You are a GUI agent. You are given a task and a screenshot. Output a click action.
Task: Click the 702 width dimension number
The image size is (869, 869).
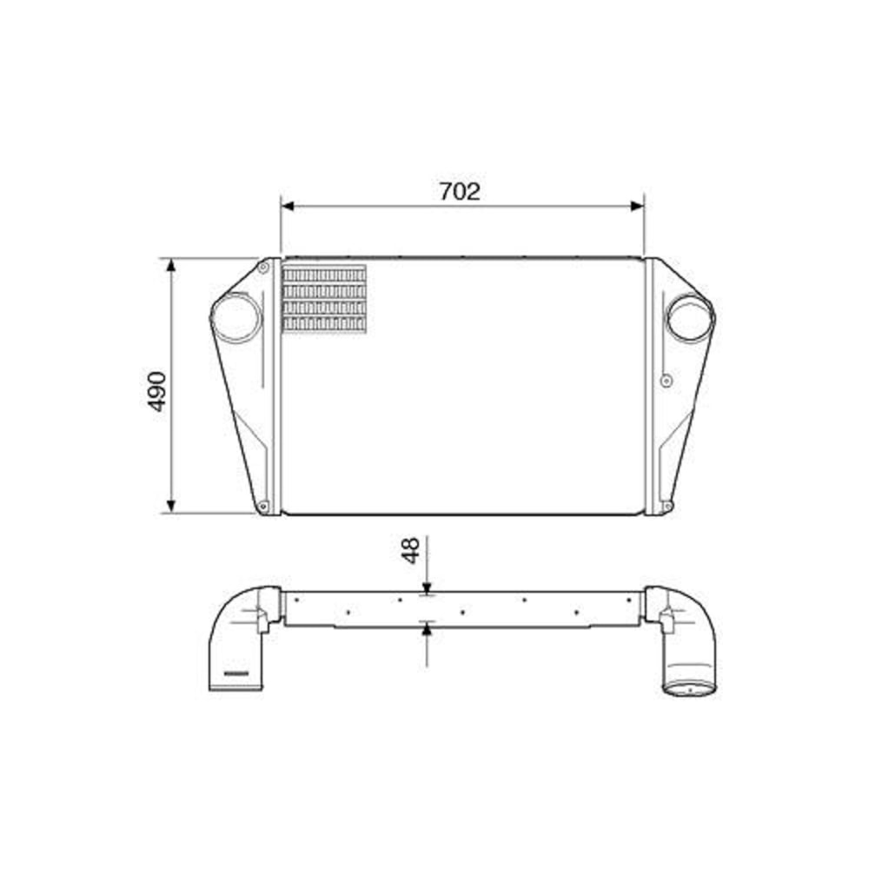(x=459, y=191)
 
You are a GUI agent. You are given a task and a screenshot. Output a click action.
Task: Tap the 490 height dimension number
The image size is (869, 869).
(x=156, y=391)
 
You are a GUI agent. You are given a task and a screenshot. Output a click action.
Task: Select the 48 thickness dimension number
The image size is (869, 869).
(x=411, y=549)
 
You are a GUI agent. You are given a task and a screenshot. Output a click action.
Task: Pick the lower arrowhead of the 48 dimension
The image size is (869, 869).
(x=427, y=628)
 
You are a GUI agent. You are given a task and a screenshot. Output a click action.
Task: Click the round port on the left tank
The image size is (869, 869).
(x=236, y=317)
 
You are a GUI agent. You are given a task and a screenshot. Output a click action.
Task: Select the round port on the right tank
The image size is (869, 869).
(x=689, y=317)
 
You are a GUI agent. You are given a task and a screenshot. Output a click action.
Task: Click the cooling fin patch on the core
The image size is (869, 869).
(x=324, y=298)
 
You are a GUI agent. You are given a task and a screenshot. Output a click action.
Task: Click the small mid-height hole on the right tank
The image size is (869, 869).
(x=666, y=380)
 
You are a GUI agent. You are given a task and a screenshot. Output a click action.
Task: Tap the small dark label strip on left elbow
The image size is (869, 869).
(x=236, y=673)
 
